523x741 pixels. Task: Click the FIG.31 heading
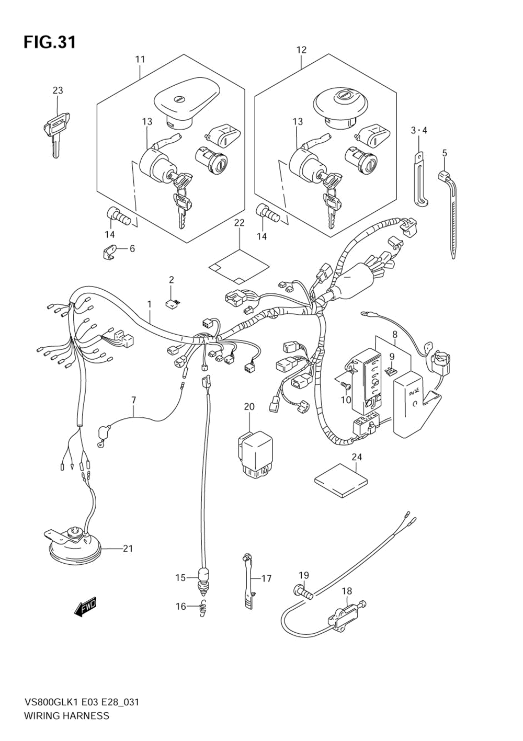pyautogui.click(x=50, y=42)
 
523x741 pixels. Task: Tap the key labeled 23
pyautogui.click(x=56, y=128)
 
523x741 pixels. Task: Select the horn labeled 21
pyautogui.click(x=76, y=546)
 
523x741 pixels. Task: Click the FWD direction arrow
pyautogui.click(x=86, y=607)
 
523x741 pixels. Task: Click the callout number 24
pyautogui.click(x=356, y=458)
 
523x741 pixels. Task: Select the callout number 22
pyautogui.click(x=240, y=223)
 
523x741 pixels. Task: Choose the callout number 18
pyautogui.click(x=347, y=591)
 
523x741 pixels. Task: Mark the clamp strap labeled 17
pyautogui.click(x=248, y=580)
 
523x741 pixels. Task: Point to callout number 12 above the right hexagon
pyautogui.click(x=301, y=50)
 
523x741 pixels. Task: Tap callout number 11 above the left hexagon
pyautogui.click(x=140, y=60)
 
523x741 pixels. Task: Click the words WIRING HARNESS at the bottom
pyautogui.click(x=66, y=716)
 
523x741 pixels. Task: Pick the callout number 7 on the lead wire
pyautogui.click(x=133, y=401)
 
